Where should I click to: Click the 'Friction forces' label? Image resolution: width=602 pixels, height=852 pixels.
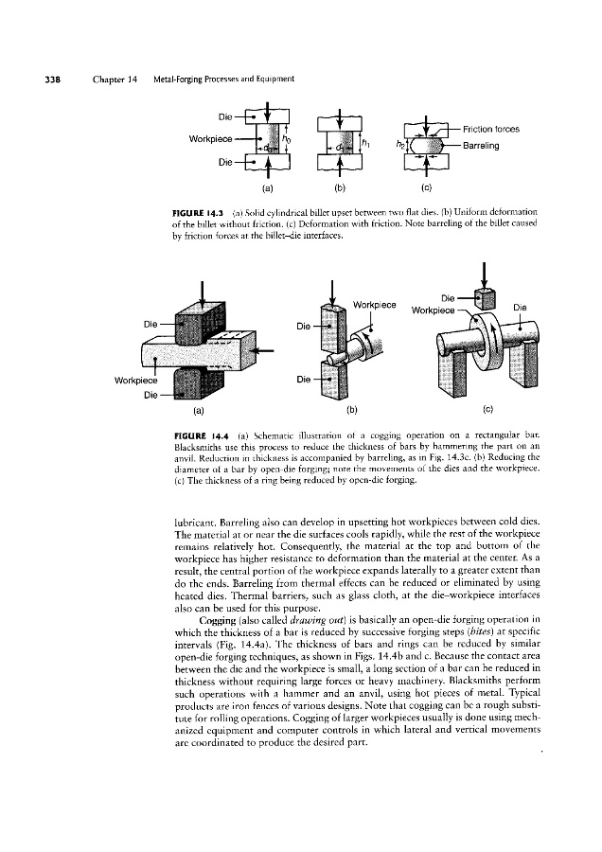coord(491,129)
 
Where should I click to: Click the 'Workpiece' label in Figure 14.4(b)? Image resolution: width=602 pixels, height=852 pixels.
coord(373,305)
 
